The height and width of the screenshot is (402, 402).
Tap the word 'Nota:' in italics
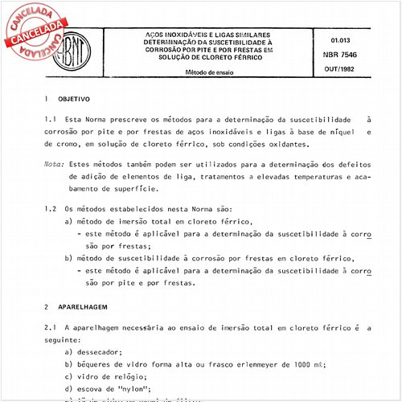pyautogui.click(x=55, y=163)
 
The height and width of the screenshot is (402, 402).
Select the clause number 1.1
pyautogui.click(x=49, y=118)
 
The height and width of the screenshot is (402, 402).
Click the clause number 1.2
pyautogui.click(x=49, y=208)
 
